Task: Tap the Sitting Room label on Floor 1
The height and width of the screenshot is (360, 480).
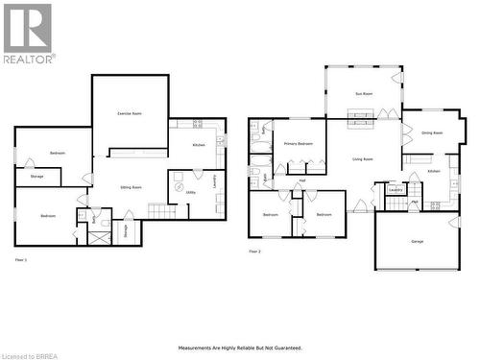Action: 131,187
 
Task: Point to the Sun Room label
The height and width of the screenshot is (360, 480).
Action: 363,94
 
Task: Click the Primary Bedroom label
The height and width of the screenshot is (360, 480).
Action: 298,143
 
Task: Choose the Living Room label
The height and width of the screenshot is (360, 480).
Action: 363,159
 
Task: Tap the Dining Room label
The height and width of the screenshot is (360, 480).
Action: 432,132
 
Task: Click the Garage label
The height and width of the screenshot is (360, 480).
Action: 417,241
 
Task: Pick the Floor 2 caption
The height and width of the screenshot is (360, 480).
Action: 254,251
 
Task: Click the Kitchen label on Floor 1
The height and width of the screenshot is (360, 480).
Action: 198,145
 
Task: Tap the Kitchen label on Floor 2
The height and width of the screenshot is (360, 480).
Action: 434,171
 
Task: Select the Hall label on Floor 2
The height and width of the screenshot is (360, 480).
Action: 301,180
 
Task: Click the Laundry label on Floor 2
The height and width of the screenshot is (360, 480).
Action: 395,190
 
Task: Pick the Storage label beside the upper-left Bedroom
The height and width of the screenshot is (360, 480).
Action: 36,177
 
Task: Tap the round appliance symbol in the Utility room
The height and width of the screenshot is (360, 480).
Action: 177,176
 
